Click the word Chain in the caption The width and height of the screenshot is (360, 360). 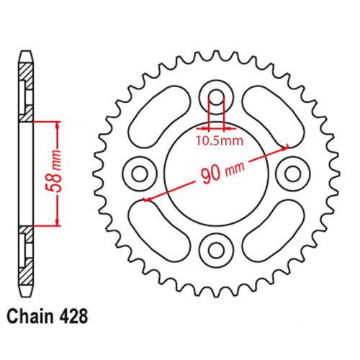pyautogui.click(x=31, y=316)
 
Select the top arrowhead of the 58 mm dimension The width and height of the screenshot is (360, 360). pyautogui.click(x=57, y=124)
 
